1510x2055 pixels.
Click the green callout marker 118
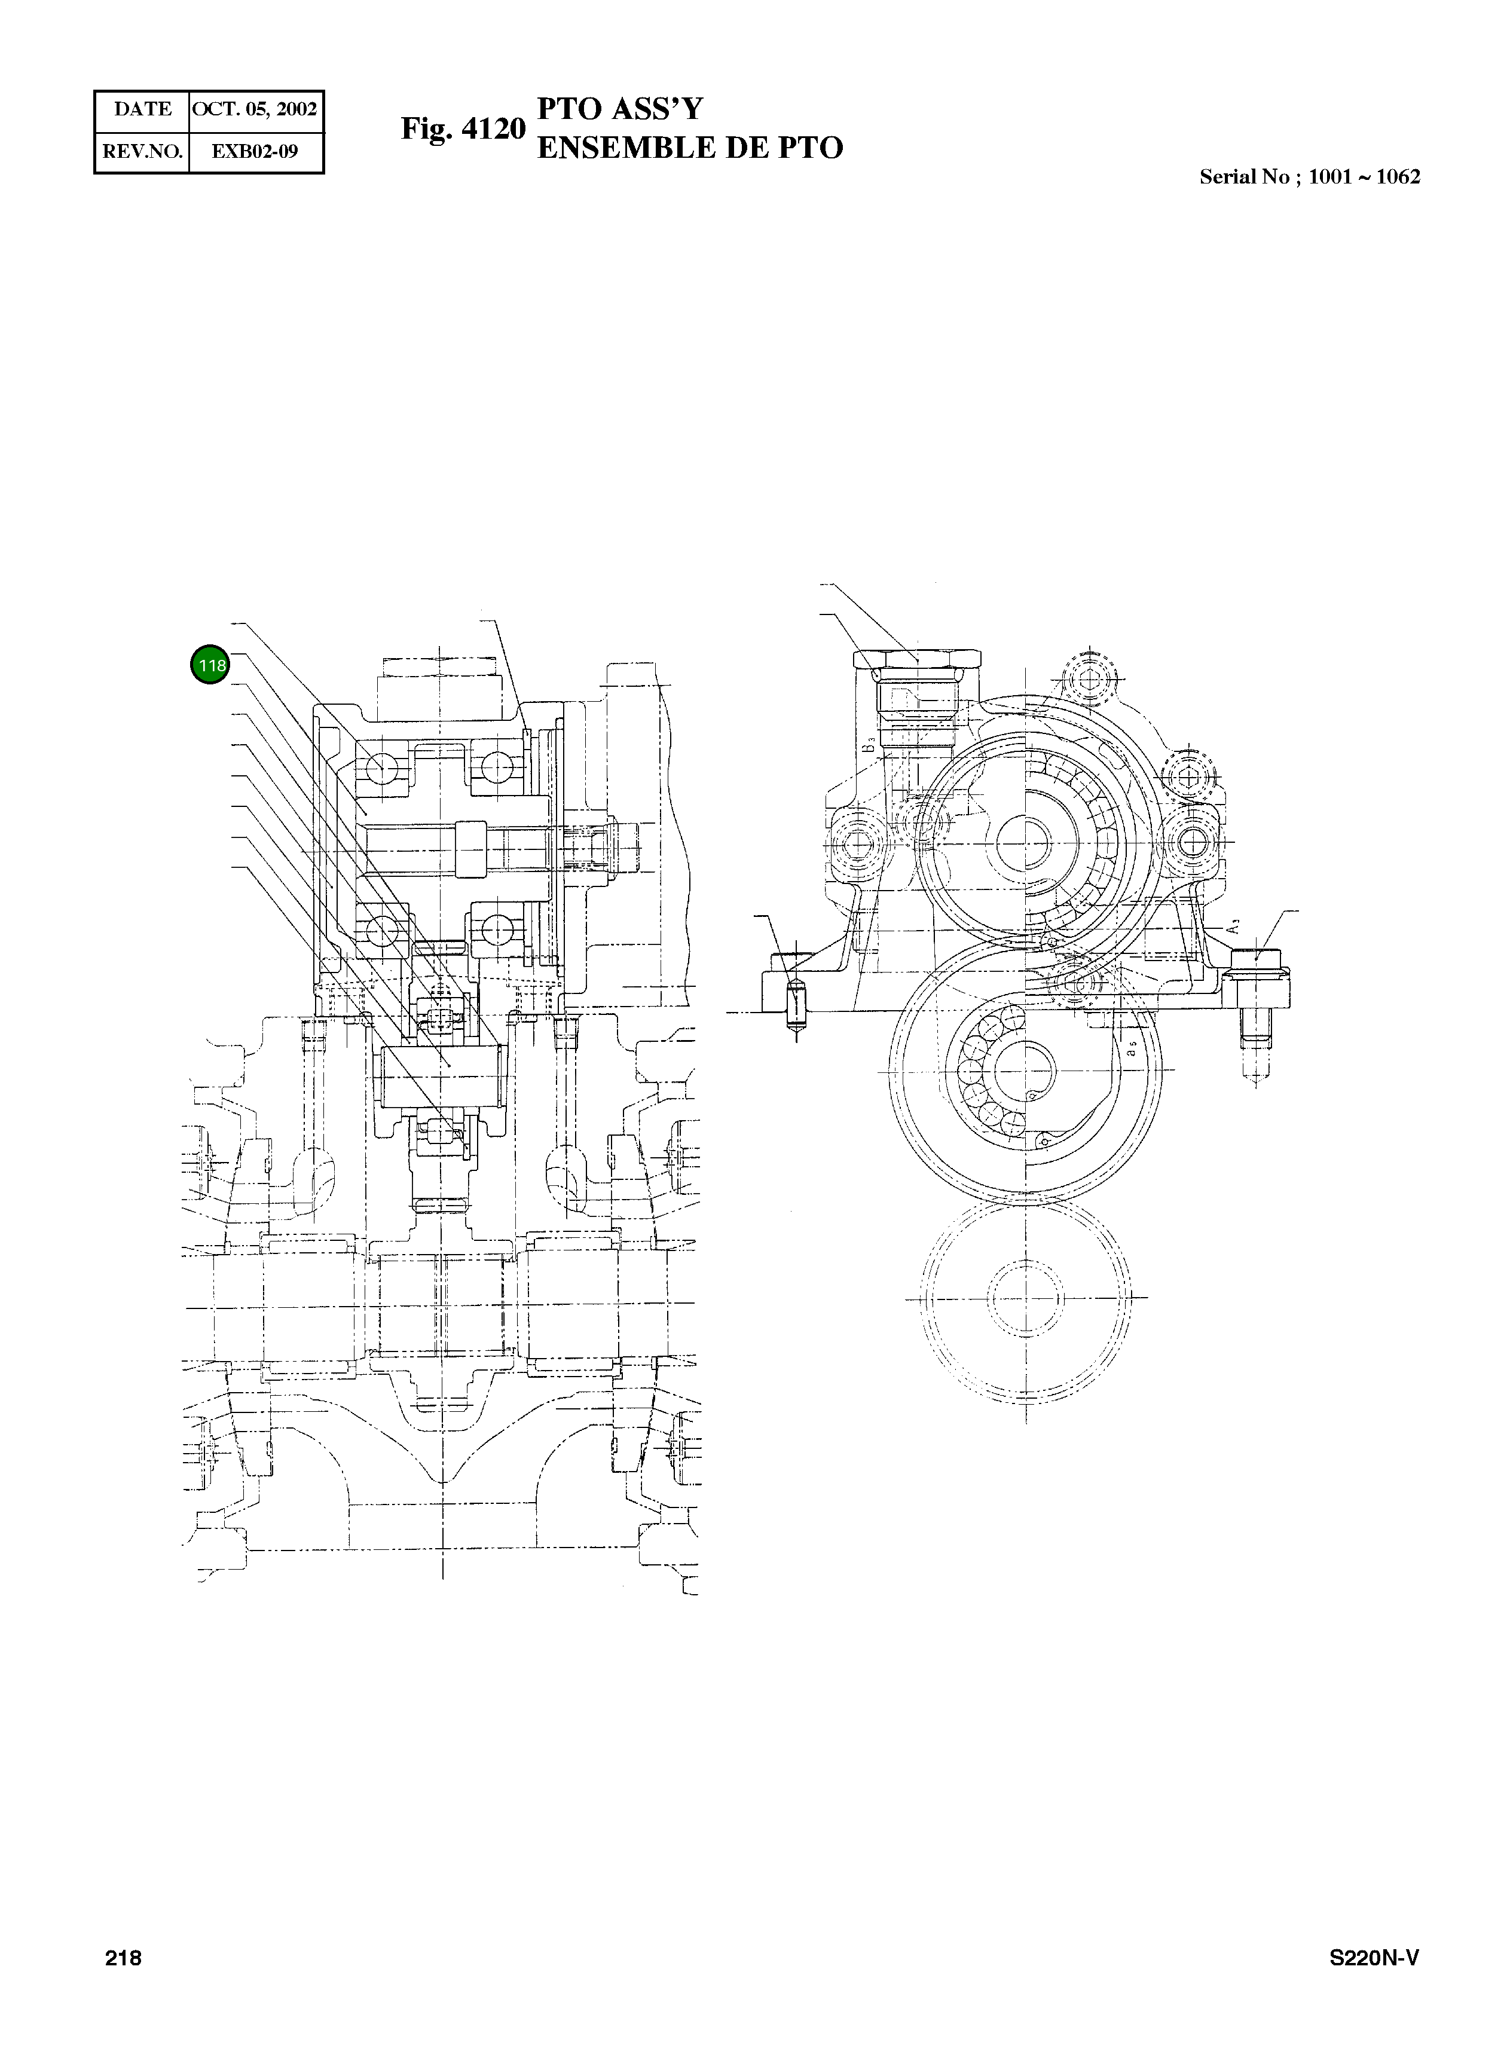click(x=210, y=665)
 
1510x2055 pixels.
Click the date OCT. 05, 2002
click(x=255, y=109)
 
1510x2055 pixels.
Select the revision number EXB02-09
click(x=255, y=152)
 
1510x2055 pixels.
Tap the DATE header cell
click(x=143, y=109)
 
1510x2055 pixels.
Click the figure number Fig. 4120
click(x=463, y=129)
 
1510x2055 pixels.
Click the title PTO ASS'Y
click(x=620, y=109)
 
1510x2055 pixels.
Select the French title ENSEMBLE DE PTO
click(x=689, y=148)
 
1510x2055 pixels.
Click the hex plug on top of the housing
click(x=918, y=660)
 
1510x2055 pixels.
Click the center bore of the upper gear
click(x=1025, y=839)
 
